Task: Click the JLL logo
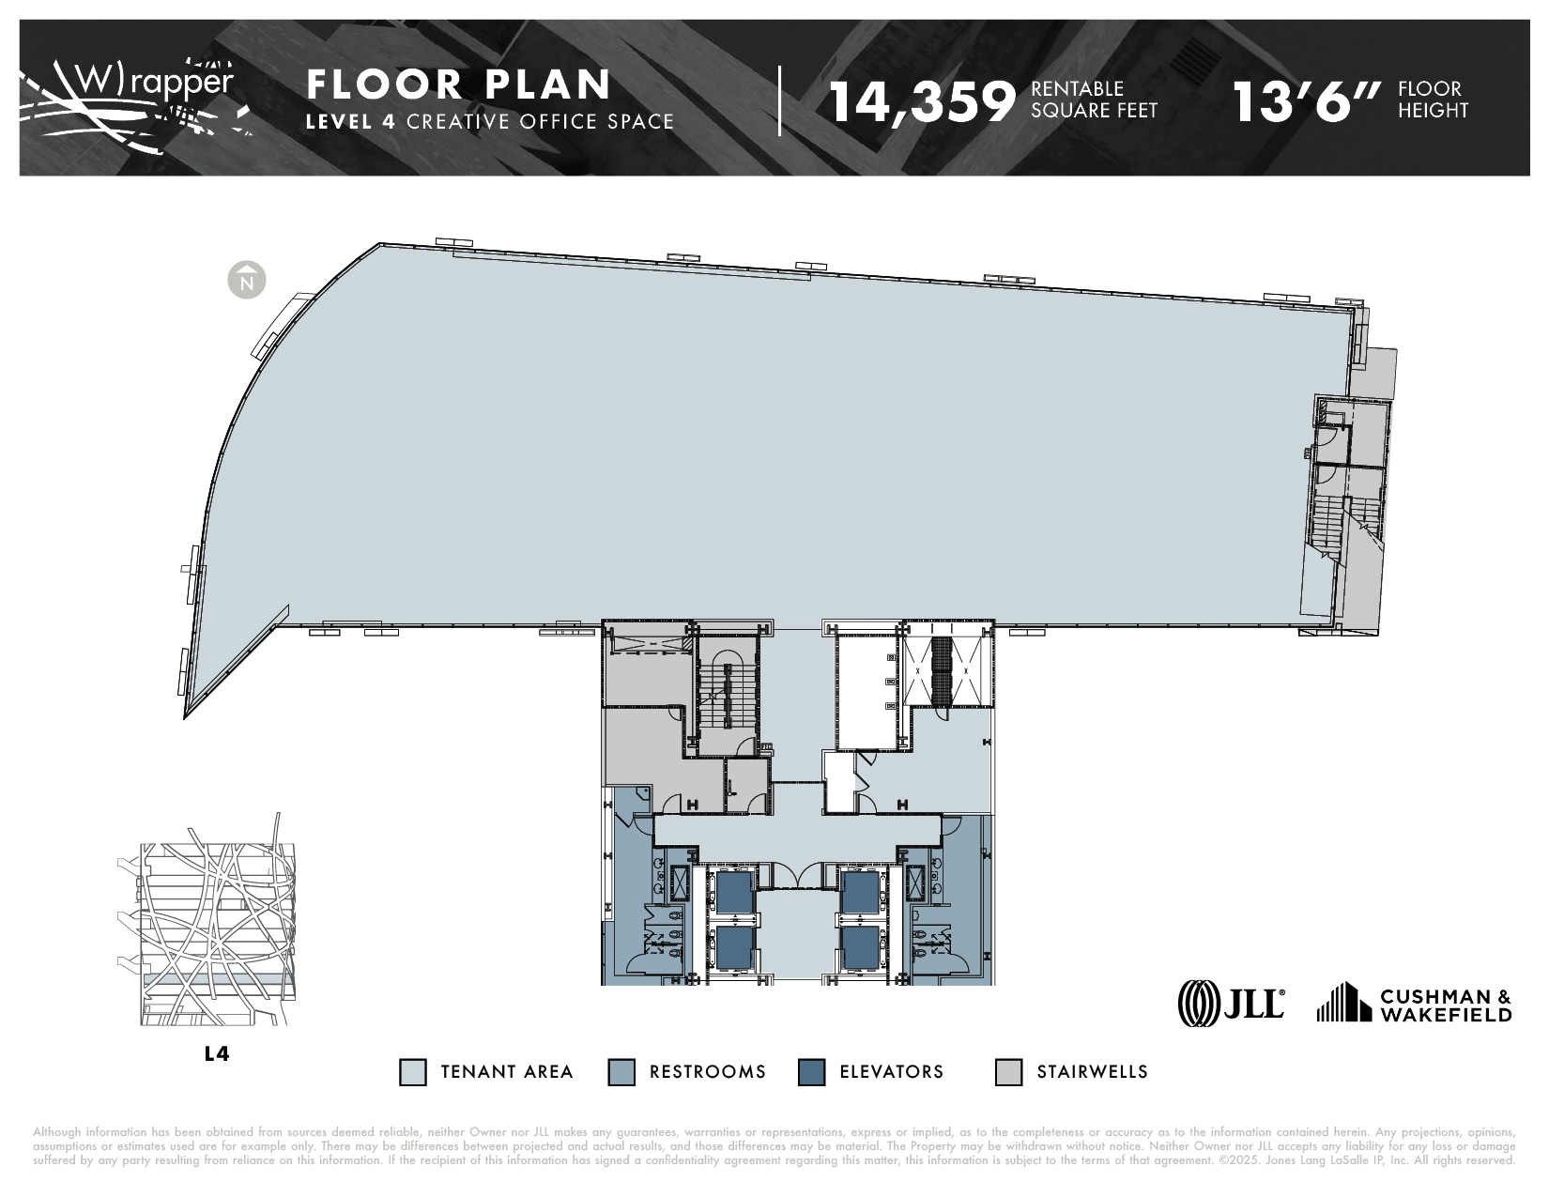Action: coord(1232,1002)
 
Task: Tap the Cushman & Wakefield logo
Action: coord(1415,1003)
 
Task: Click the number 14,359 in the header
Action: coord(923,101)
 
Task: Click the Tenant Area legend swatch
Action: coord(412,1072)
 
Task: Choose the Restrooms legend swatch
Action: coord(621,1072)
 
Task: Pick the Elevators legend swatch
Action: coord(811,1072)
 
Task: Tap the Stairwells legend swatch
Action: coord(1008,1072)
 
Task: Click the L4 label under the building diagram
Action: coord(217,1053)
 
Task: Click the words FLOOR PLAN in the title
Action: coord(459,84)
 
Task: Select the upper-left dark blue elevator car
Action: coord(734,892)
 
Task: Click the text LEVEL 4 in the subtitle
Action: coord(352,121)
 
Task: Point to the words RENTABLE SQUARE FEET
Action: coord(1094,100)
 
